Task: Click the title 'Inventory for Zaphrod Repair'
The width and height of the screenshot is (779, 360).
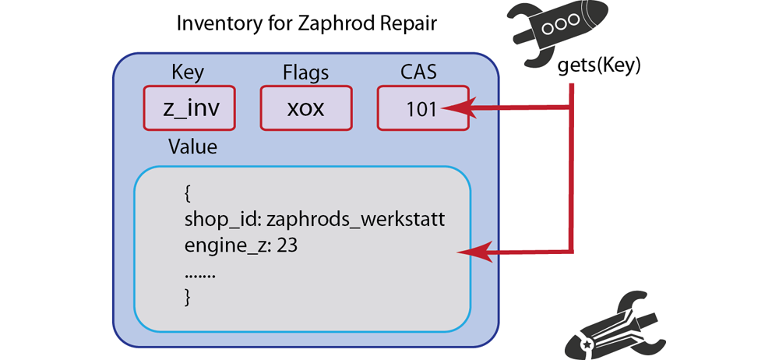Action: coord(307,23)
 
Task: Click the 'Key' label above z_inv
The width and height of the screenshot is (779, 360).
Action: coord(187,72)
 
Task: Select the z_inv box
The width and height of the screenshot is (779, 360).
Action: coord(189,108)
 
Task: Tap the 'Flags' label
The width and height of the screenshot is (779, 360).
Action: coord(305,72)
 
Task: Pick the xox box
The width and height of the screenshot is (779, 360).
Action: coord(305,108)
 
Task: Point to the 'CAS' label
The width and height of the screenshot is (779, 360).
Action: coord(421,72)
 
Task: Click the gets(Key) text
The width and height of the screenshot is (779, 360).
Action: coord(599,66)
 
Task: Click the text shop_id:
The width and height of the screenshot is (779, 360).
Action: coord(223,219)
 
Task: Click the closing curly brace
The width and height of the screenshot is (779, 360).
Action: coord(188,296)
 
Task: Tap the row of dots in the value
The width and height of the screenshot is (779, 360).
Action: coord(200,272)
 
